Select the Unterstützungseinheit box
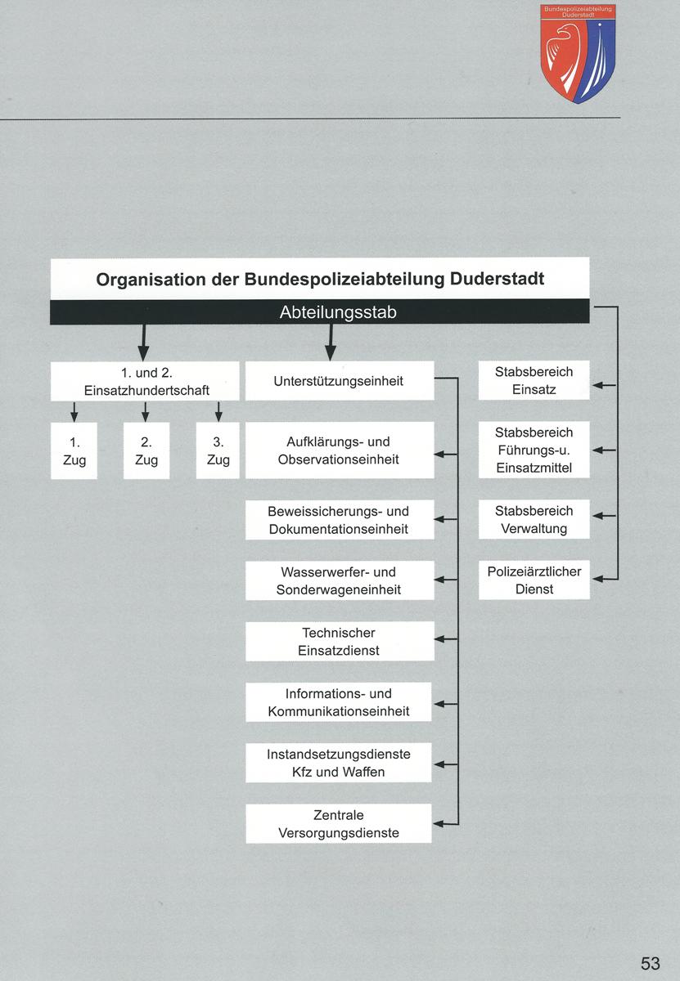tap(339, 381)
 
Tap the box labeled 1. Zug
tap(74, 450)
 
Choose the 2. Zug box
tap(146, 450)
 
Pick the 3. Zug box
tap(218, 450)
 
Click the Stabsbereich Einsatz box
tap(534, 381)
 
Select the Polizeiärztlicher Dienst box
tap(534, 580)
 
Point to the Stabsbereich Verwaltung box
tap(534, 519)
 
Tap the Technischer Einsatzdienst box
tap(339, 642)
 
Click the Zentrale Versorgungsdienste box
tap(339, 824)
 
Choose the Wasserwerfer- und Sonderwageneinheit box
tap(339, 580)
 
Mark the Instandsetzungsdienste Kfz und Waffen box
tap(339, 763)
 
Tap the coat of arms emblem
tap(577, 53)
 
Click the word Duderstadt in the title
tap(497, 279)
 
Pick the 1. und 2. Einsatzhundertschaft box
tap(145, 381)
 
